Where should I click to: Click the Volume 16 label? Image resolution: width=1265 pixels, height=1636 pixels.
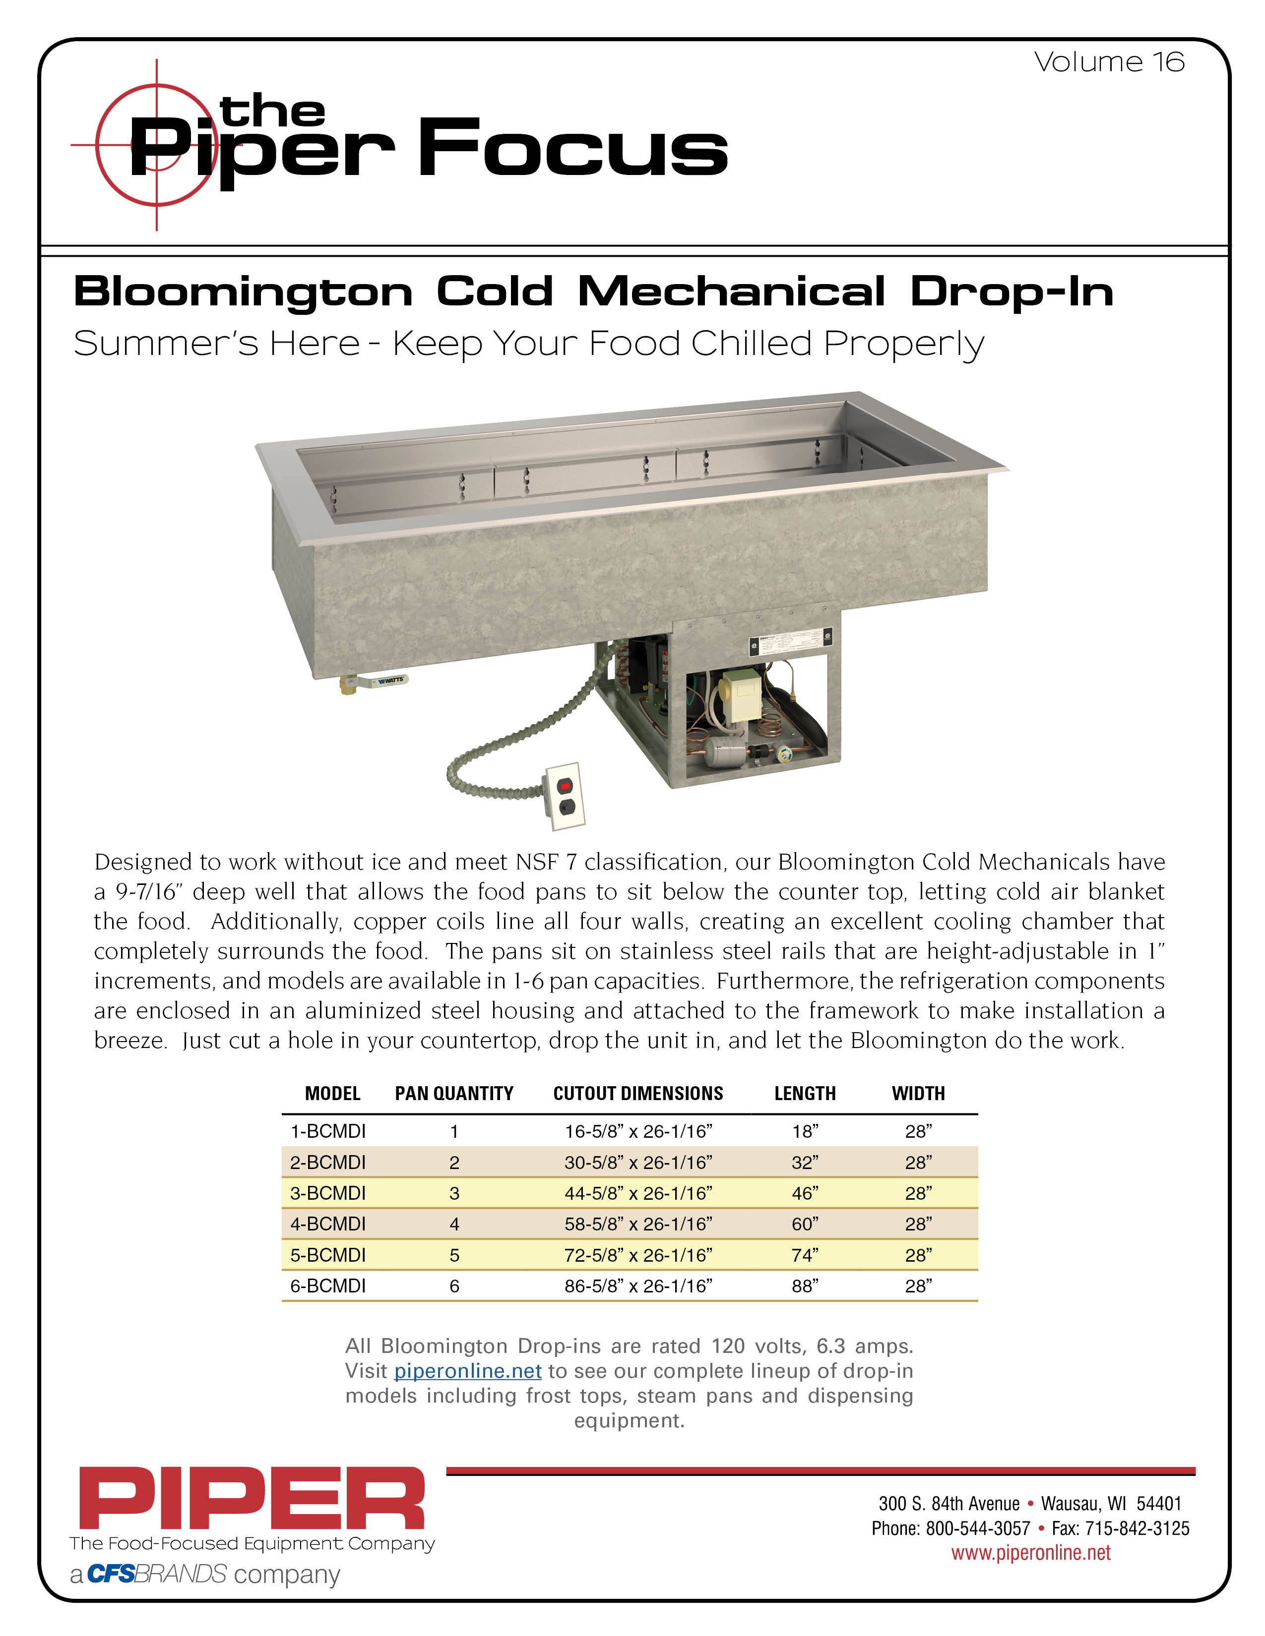(1109, 62)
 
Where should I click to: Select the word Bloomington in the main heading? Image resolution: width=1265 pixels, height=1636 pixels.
(243, 292)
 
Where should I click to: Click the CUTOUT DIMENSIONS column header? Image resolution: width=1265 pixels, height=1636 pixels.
(638, 1094)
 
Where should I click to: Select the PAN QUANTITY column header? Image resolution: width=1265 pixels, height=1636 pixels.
(454, 1094)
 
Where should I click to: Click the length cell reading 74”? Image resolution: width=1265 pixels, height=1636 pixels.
(805, 1255)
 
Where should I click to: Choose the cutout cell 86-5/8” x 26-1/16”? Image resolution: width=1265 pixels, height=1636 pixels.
(638, 1285)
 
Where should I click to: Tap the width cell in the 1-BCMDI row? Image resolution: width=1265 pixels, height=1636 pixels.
(918, 1131)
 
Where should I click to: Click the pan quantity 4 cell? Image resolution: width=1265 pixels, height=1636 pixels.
(454, 1224)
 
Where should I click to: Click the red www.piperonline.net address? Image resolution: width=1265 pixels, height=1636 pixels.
(1030, 1553)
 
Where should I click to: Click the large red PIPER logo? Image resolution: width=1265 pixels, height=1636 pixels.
(252, 1498)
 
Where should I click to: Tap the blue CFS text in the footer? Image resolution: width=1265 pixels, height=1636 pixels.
(111, 1575)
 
